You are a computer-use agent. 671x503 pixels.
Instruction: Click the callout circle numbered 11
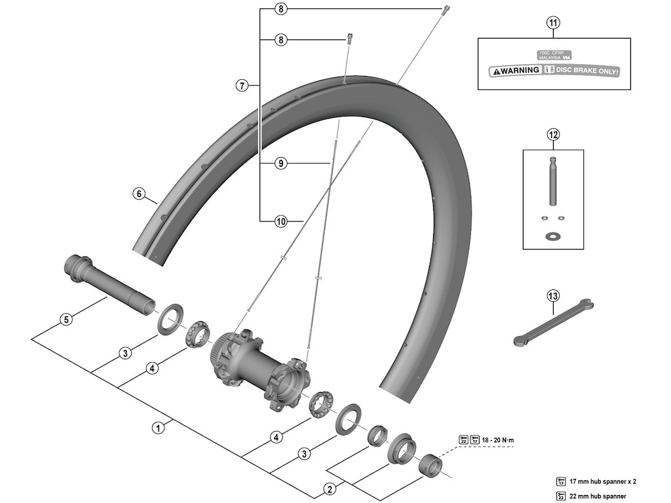[554, 24]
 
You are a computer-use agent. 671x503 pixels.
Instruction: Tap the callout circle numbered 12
[554, 136]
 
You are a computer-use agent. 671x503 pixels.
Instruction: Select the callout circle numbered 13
[554, 296]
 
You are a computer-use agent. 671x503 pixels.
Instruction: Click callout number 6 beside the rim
[138, 194]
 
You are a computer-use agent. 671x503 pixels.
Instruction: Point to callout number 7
[242, 85]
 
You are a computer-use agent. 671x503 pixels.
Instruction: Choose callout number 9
[280, 163]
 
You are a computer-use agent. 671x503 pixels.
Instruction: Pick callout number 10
[280, 221]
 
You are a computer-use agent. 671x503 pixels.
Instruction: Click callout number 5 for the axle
[65, 320]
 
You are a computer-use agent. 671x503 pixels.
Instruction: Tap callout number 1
[157, 429]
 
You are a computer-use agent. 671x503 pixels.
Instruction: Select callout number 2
[330, 489]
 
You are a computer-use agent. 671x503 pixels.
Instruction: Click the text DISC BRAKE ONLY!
[587, 71]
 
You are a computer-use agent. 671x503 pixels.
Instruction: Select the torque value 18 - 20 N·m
[499, 439]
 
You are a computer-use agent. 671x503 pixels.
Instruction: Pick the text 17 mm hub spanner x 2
[602, 482]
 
